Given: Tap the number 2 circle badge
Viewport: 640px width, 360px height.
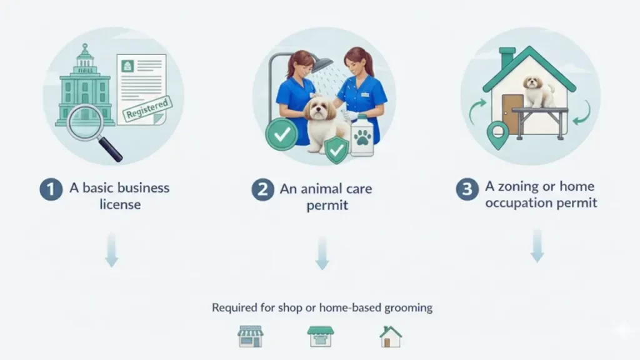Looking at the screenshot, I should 263,189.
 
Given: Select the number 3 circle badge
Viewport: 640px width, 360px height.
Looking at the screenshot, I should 466,189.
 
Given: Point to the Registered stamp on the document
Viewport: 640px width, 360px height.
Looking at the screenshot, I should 146,109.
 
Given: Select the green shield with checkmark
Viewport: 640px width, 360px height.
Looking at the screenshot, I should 337,149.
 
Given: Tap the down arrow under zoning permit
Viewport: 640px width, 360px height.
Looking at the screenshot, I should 537,246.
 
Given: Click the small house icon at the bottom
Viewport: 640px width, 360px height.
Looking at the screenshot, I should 391,337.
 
